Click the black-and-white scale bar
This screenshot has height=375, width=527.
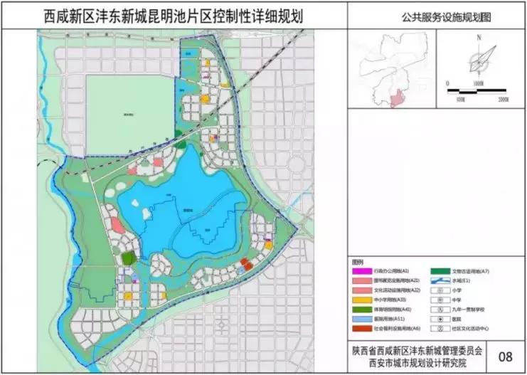coord(480,90)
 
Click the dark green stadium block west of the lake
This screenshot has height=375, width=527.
coord(128,258)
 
